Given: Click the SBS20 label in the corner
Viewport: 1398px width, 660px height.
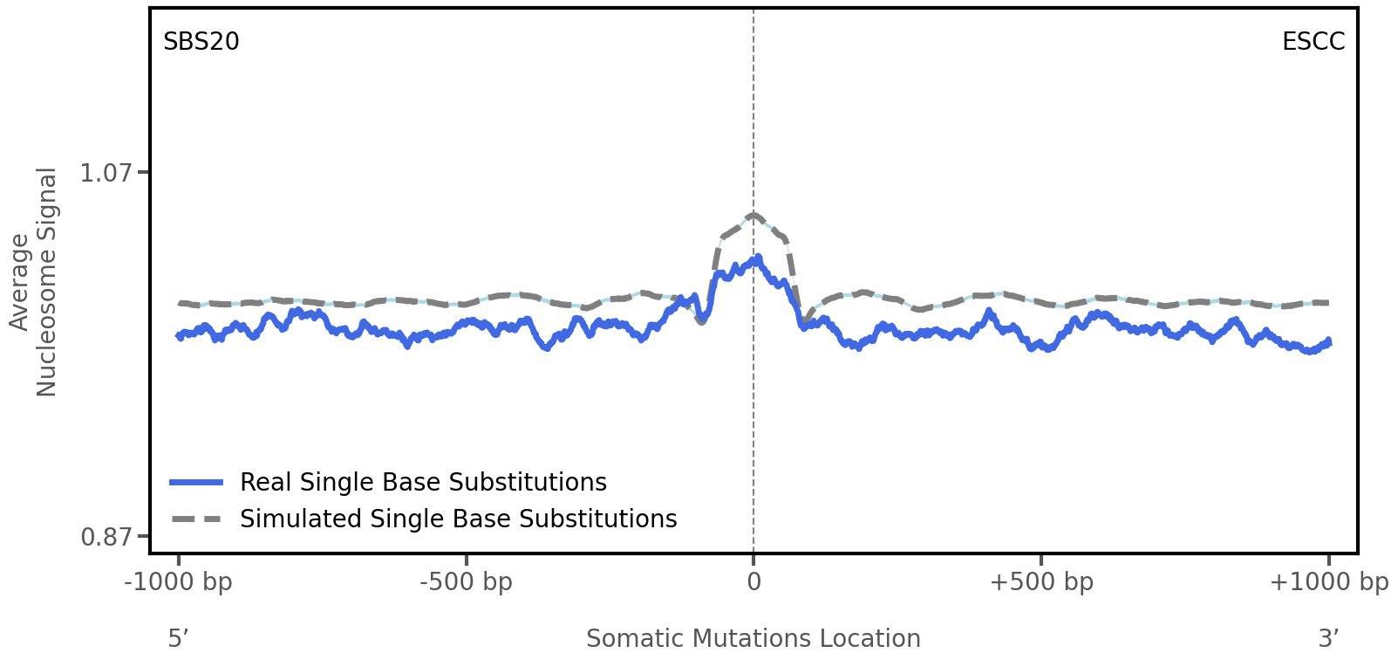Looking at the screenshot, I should pos(201,42).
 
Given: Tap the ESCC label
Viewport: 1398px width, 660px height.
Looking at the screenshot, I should pos(1313,42).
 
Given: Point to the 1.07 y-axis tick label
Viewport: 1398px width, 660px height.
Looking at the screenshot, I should pos(106,173).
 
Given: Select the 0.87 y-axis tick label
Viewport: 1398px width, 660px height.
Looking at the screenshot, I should pos(106,536).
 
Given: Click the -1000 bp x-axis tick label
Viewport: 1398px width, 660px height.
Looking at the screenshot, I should pos(179,582).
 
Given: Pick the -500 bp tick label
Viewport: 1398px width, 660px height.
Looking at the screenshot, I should pos(466,582).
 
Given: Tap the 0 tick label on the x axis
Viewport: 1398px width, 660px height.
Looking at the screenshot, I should pos(754,582).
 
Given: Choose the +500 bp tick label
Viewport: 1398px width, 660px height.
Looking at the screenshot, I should pos(1041,582).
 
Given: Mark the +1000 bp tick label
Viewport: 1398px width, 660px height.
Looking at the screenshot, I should pos(1328,582).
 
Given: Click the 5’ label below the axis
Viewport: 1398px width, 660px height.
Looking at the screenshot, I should pos(178,639).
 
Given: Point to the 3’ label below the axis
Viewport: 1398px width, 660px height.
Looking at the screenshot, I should pos(1328,639).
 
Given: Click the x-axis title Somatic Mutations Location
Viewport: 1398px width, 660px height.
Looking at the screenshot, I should pos(754,639).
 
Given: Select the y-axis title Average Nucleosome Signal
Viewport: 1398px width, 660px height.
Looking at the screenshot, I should pos(34,281).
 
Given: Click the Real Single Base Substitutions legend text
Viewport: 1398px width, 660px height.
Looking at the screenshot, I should pos(423,482).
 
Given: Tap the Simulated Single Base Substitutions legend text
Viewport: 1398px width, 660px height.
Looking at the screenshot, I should pos(458,519).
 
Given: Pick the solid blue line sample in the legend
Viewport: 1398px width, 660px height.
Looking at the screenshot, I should pos(197,482).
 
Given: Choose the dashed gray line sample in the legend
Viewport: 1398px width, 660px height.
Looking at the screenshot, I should pos(197,519).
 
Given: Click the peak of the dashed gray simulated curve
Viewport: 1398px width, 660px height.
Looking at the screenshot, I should pos(754,214).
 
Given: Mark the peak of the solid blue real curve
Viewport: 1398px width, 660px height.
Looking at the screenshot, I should pos(758,258).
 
